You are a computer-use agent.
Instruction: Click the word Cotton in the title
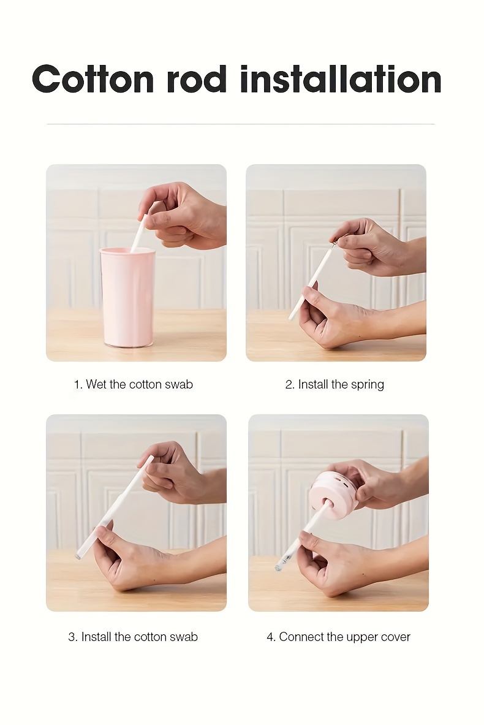93,79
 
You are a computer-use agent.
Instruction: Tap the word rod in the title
197,79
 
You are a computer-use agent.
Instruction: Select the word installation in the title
341,79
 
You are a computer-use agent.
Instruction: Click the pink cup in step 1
127,297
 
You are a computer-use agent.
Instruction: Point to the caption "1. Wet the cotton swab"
133,384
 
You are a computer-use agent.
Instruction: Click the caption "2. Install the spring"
335,384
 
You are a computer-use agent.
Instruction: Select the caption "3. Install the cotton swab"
133,637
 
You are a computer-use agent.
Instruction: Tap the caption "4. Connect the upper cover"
338,637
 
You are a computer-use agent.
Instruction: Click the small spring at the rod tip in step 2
333,242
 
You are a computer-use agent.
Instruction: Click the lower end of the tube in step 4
278,567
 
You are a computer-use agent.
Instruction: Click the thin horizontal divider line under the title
240,124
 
